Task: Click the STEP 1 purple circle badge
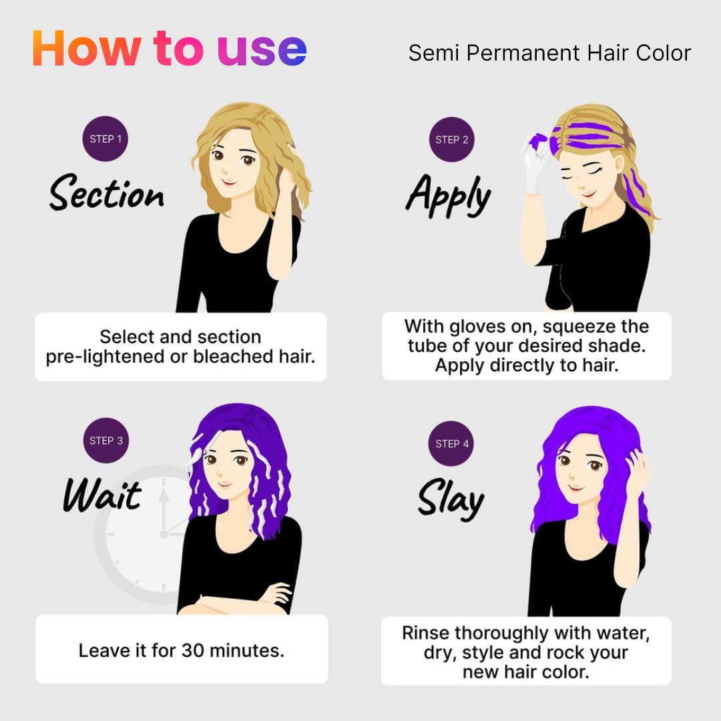105,139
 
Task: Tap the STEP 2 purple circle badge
451,140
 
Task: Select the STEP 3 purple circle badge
106,441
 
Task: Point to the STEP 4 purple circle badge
451,444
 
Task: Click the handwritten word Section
107,192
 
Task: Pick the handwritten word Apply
449,196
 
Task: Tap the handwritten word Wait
103,495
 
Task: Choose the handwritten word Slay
451,499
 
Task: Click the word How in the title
87,49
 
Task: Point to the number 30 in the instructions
193,651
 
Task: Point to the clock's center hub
164,534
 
